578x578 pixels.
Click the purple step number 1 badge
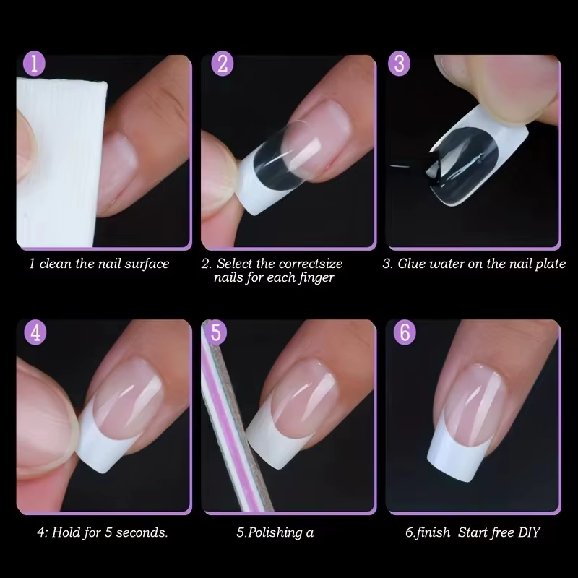click(x=34, y=64)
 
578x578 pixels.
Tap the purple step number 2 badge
click(x=223, y=64)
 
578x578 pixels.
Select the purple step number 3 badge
click(x=400, y=64)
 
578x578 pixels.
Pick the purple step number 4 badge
click(x=35, y=333)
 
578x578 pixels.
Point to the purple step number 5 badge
click(x=216, y=332)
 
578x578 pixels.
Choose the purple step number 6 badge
click(x=405, y=332)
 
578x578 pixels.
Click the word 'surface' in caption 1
click(x=147, y=264)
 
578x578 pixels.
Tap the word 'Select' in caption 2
click(x=234, y=264)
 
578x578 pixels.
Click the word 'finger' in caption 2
click(x=316, y=277)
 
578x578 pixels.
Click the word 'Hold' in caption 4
click(x=66, y=532)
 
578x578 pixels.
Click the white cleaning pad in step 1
click(x=59, y=162)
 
